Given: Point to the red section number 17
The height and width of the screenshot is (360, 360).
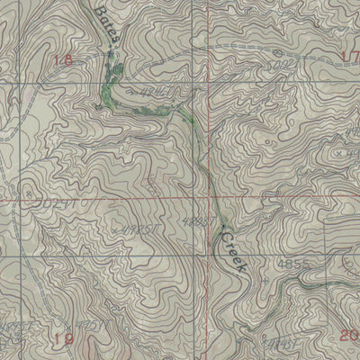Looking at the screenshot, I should click(x=350, y=57).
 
